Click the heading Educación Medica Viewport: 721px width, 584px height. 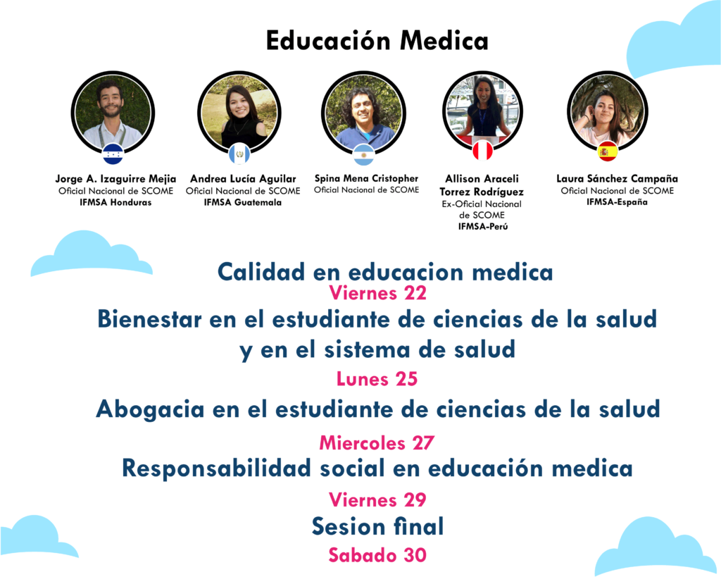click(377, 40)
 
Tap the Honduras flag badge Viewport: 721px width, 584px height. click(113, 154)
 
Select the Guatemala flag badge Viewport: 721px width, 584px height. click(239, 154)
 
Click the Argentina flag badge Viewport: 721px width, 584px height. click(364, 154)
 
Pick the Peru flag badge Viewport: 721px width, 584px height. click(483, 150)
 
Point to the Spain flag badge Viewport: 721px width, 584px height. click(608, 151)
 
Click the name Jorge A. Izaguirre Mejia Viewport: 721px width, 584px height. click(115, 178)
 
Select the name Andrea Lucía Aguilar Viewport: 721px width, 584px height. click(243, 178)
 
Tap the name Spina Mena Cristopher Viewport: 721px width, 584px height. click(366, 178)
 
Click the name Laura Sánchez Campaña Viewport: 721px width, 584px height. click(617, 178)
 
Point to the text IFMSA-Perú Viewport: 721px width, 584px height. click(483, 226)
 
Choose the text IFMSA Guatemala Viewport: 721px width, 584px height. click(243, 202)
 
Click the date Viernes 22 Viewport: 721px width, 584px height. click(377, 293)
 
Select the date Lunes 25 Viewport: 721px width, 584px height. click(377, 379)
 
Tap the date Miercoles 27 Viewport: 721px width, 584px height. click(377, 442)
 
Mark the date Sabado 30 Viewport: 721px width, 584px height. click(377, 555)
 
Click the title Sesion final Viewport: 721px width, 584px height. click(378, 526)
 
